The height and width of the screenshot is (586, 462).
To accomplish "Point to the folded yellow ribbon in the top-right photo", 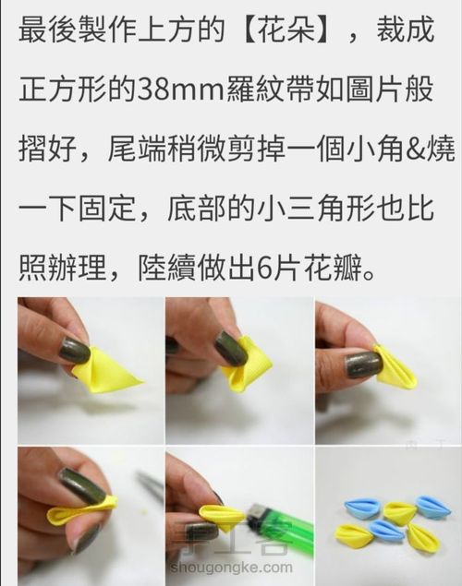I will tap(397, 367).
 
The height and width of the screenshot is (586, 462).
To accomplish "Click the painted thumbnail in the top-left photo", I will tap(74, 352).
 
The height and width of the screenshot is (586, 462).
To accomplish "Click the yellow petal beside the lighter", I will tap(222, 516).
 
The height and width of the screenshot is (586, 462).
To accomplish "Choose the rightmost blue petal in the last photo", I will tap(432, 507).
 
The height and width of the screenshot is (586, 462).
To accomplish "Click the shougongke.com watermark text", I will tap(241, 568).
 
